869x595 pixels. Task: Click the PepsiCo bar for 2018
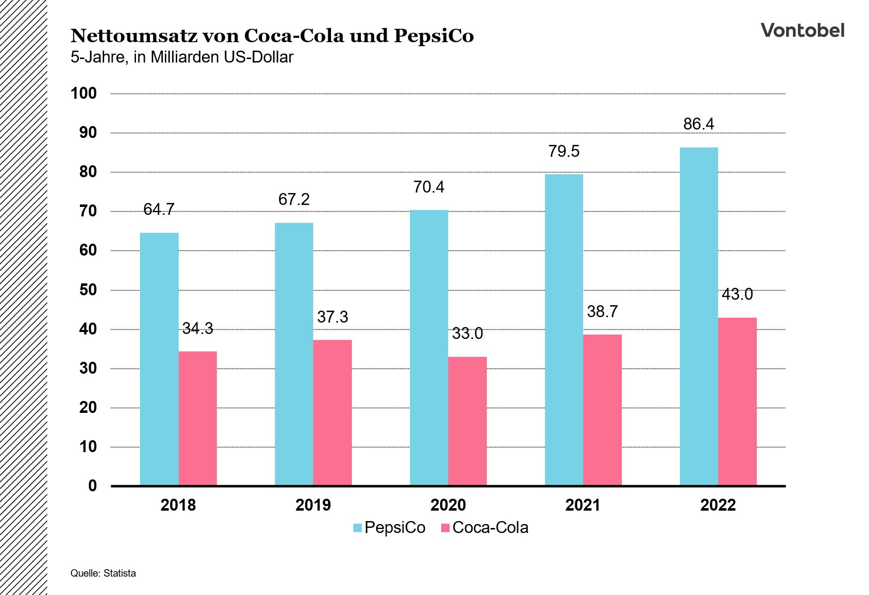159,359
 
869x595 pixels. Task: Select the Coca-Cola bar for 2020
467,421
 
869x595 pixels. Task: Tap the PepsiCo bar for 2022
698,316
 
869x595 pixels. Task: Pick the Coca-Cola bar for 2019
332,412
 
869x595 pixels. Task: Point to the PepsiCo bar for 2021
564,330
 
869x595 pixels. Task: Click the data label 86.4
698,124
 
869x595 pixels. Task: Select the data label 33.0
467,333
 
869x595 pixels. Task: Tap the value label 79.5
564,151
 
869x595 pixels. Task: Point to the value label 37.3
332,317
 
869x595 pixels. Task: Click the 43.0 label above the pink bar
737,294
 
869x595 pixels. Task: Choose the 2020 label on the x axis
448,505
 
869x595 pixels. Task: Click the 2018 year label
178,505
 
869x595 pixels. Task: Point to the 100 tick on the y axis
83,93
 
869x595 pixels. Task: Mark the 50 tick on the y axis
88,290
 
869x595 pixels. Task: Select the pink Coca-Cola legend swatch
445,528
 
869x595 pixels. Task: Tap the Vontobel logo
802,31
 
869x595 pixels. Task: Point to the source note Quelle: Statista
103,573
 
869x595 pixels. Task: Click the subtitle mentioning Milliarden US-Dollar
182,58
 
